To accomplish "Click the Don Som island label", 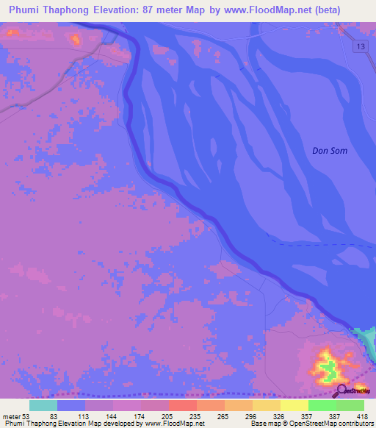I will pos(329,151).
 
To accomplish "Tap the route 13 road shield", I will pos(358,47).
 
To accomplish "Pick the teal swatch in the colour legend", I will pos(43,405).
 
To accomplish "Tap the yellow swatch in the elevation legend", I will pos(294,405).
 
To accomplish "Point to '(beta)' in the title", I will pos(350,10).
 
